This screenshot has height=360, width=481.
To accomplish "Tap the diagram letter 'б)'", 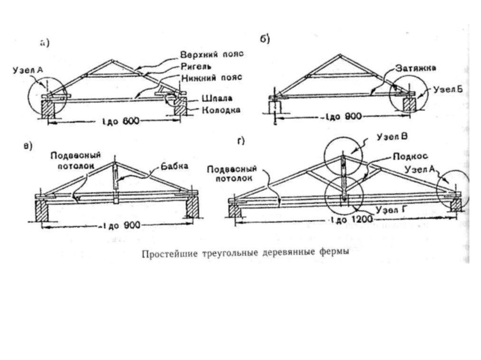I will point(264,39).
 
